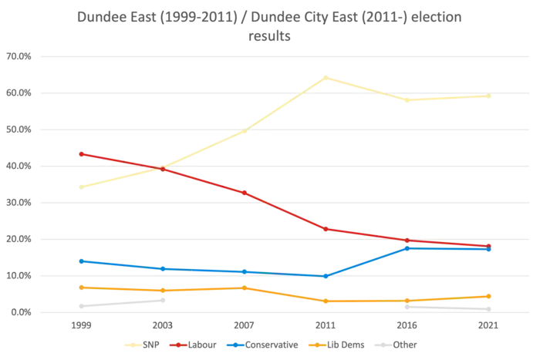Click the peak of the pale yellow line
click(327, 77)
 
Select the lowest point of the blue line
click(326, 275)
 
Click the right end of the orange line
click(491, 295)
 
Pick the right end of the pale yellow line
click(491, 97)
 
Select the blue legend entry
click(262, 345)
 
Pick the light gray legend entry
click(405, 345)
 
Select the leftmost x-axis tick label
click(80, 327)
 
